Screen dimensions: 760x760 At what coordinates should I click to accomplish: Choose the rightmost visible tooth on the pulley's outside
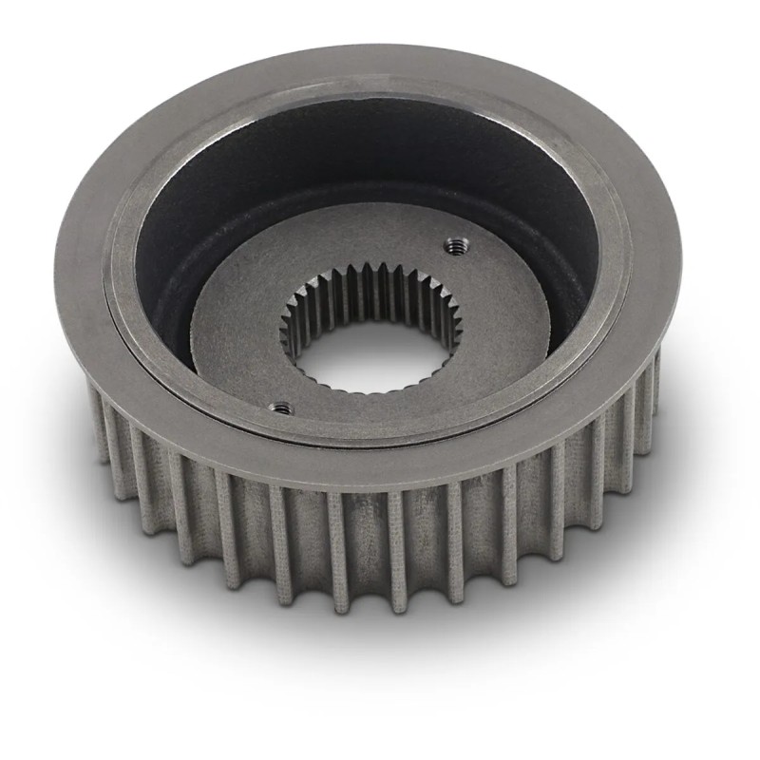(x=654, y=380)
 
